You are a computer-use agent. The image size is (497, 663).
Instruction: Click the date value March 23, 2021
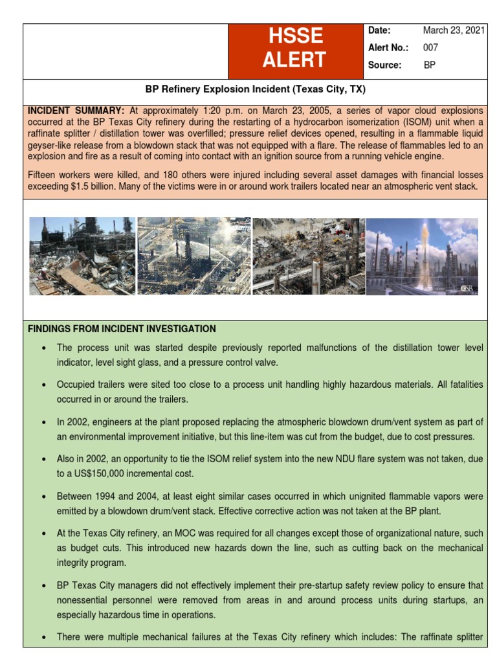point(453,30)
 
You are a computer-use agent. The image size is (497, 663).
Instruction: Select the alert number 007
point(430,47)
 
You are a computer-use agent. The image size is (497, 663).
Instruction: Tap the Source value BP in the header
point(429,65)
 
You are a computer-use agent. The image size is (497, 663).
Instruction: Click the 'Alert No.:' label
point(388,47)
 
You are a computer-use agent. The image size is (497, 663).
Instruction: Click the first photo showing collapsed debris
point(82,256)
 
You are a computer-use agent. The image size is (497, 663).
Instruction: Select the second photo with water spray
point(193,256)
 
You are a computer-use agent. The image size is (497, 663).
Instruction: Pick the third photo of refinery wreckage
point(308,256)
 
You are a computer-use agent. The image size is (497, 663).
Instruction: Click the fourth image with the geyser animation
point(422,256)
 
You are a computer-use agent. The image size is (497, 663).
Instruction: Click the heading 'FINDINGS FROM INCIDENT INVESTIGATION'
point(122,329)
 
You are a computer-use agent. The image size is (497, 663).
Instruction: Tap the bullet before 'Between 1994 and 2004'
point(43,497)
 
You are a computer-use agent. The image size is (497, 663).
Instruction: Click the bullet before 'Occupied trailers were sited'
point(43,385)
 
